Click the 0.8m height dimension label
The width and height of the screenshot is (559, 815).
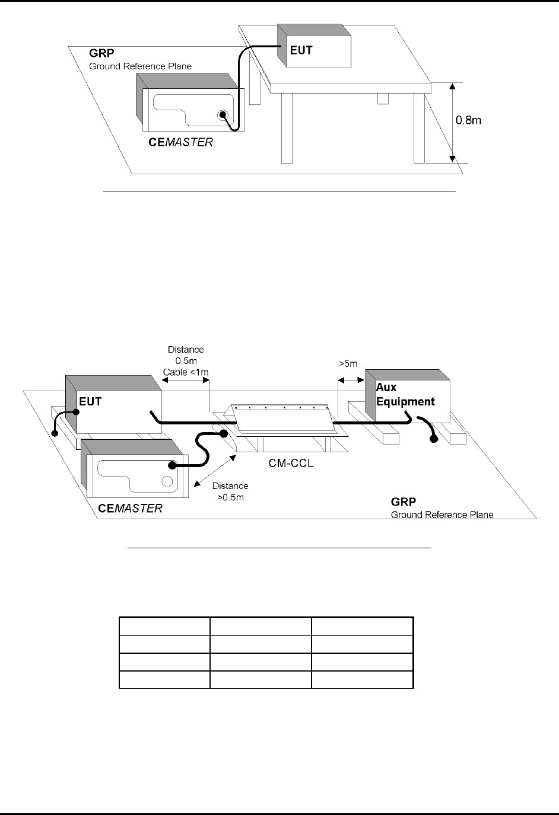pyautogui.click(x=468, y=120)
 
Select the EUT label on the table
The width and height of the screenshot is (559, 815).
pyautogui.click(x=301, y=50)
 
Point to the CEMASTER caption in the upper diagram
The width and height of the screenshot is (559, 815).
pyautogui.click(x=180, y=142)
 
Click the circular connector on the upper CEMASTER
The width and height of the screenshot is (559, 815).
pyautogui.click(x=223, y=116)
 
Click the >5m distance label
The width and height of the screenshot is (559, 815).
pyautogui.click(x=347, y=363)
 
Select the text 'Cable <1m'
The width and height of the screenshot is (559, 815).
pyautogui.click(x=186, y=372)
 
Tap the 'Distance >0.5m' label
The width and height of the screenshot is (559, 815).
pyautogui.click(x=231, y=491)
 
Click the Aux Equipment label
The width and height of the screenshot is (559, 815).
pyautogui.click(x=405, y=394)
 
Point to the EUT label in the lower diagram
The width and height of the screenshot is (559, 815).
pyautogui.click(x=91, y=401)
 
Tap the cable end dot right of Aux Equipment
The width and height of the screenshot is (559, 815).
pyautogui.click(x=434, y=439)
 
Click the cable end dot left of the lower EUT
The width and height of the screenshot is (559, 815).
pyautogui.click(x=55, y=433)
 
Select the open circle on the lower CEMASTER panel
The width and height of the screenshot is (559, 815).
pyautogui.click(x=167, y=480)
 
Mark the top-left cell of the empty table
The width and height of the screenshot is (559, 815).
pyautogui.click(x=164, y=627)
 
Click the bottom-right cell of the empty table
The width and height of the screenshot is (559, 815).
pyautogui.click(x=361, y=680)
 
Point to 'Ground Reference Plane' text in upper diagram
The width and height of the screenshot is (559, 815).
pyautogui.click(x=140, y=66)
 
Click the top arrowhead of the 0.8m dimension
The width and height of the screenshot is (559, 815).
pyautogui.click(x=453, y=87)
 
